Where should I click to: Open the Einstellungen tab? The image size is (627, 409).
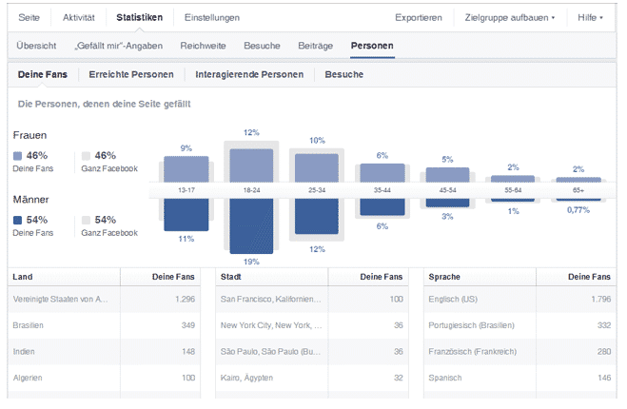click(x=212, y=17)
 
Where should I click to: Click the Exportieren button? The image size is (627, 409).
click(x=419, y=17)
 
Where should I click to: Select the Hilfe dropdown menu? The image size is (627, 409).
click(x=591, y=17)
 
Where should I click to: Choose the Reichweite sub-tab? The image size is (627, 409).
click(x=203, y=45)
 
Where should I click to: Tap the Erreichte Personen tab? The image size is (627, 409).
click(x=130, y=74)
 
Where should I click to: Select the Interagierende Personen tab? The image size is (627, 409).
click(x=249, y=74)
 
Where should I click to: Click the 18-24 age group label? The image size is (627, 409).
click(x=251, y=190)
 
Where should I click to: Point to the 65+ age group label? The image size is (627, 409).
click(x=578, y=190)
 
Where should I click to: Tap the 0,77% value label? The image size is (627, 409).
click(x=578, y=209)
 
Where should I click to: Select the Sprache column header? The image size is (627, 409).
click(x=446, y=276)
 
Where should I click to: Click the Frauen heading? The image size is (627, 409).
click(x=31, y=135)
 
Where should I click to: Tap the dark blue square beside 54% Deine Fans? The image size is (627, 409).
click(x=19, y=220)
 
